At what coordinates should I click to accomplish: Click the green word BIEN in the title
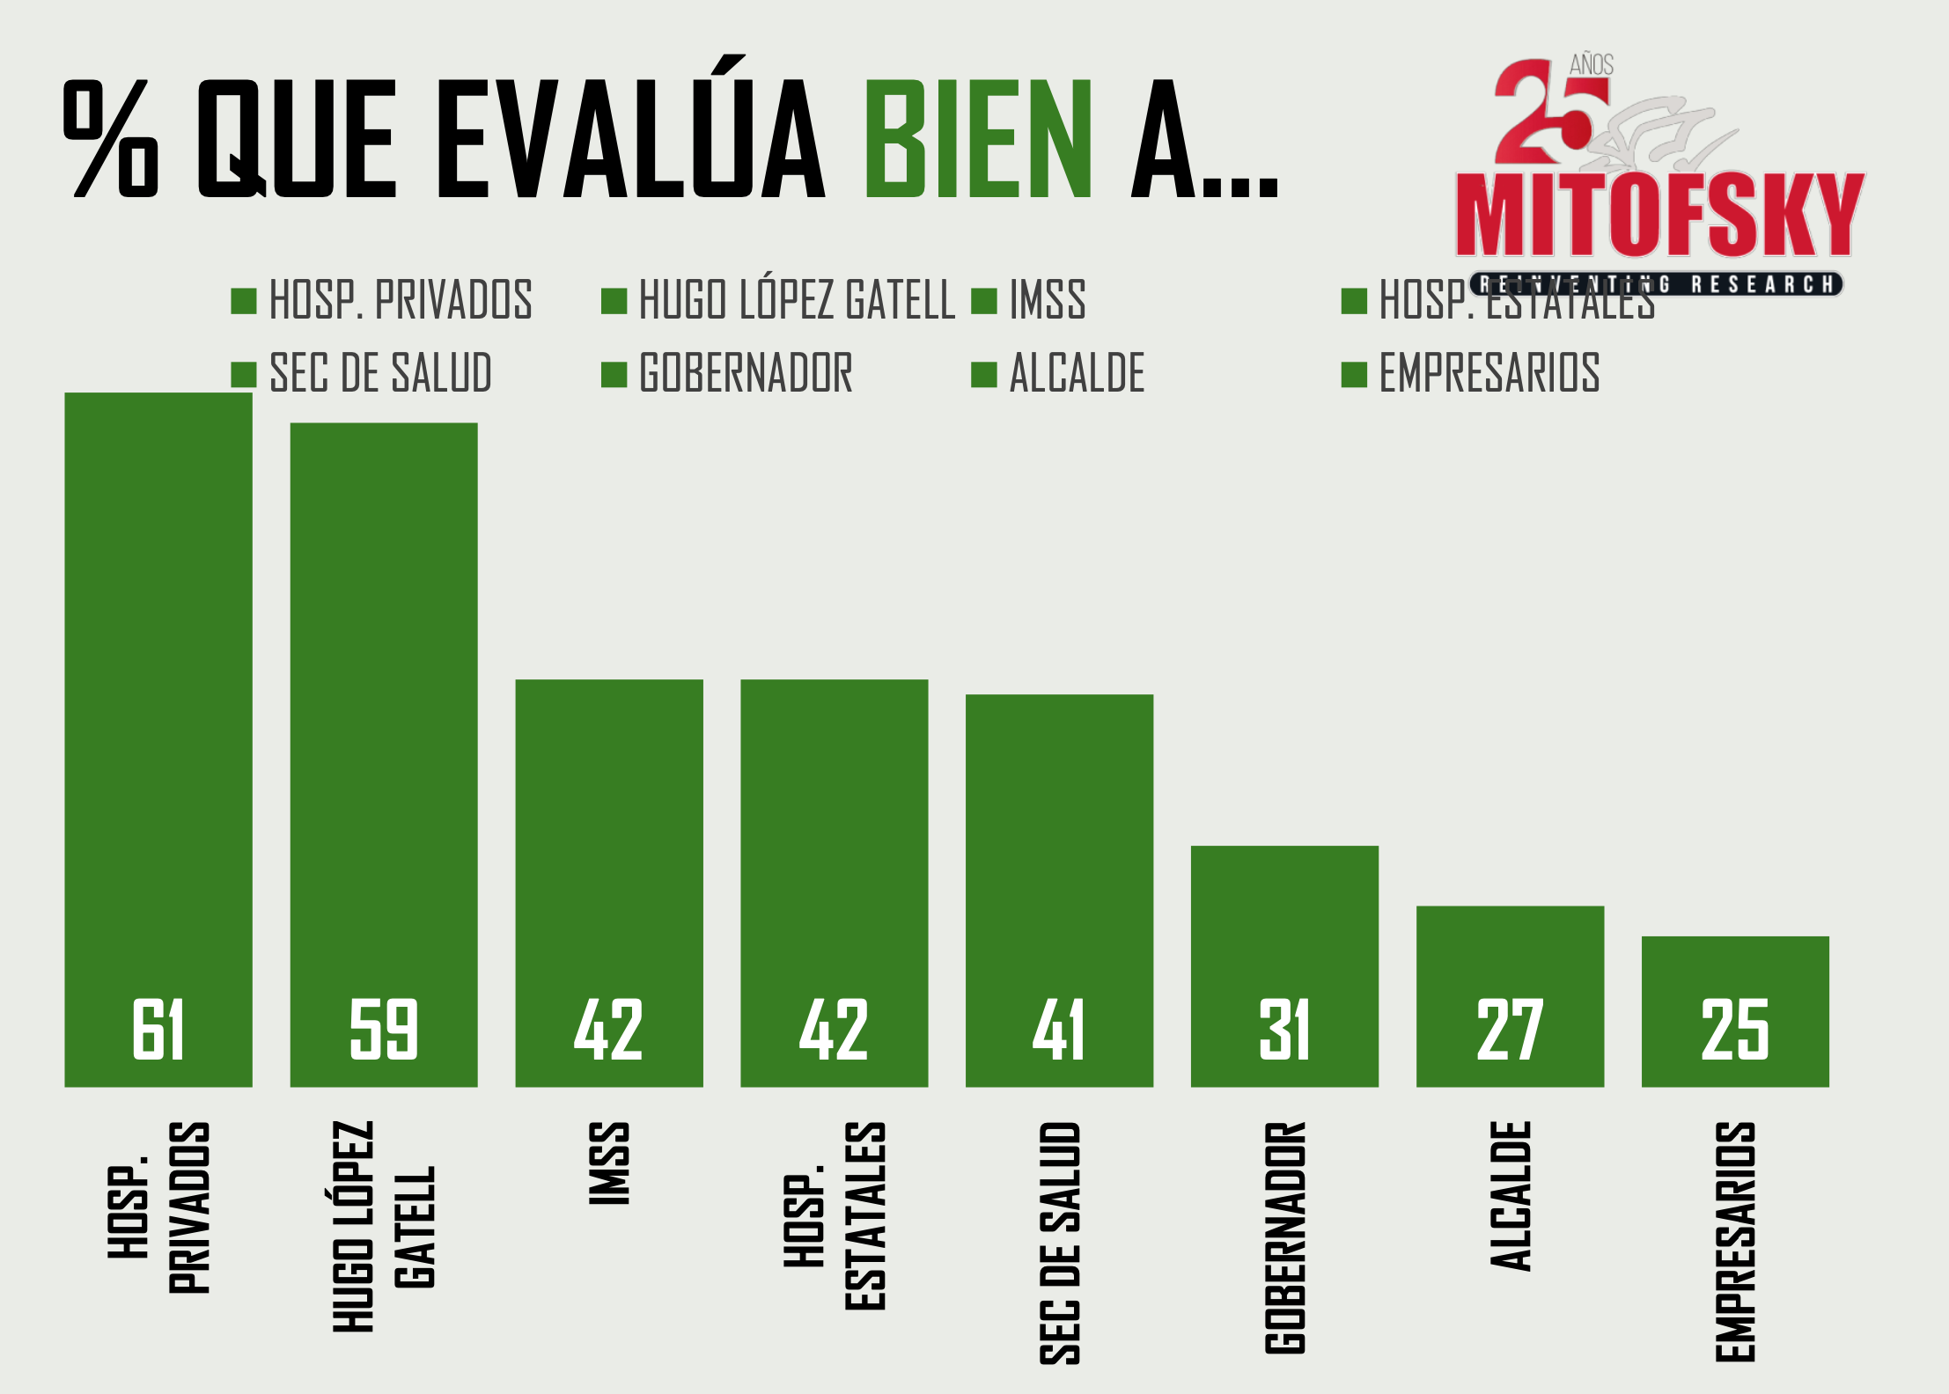point(978,139)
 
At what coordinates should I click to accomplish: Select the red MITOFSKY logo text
point(1659,216)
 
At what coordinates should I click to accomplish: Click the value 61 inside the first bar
point(158,1030)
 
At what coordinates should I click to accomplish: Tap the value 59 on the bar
point(384,1030)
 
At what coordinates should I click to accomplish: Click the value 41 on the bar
point(1059,1030)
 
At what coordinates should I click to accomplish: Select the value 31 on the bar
point(1284,1030)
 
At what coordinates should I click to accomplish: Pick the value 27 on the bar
point(1510,1030)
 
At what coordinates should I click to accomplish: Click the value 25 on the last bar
point(1735,1030)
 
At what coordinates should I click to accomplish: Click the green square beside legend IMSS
point(984,301)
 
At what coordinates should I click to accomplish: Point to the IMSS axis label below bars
point(609,1163)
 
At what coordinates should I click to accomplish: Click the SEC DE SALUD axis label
point(1060,1243)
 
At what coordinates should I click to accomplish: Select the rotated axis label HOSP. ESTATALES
point(835,1216)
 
